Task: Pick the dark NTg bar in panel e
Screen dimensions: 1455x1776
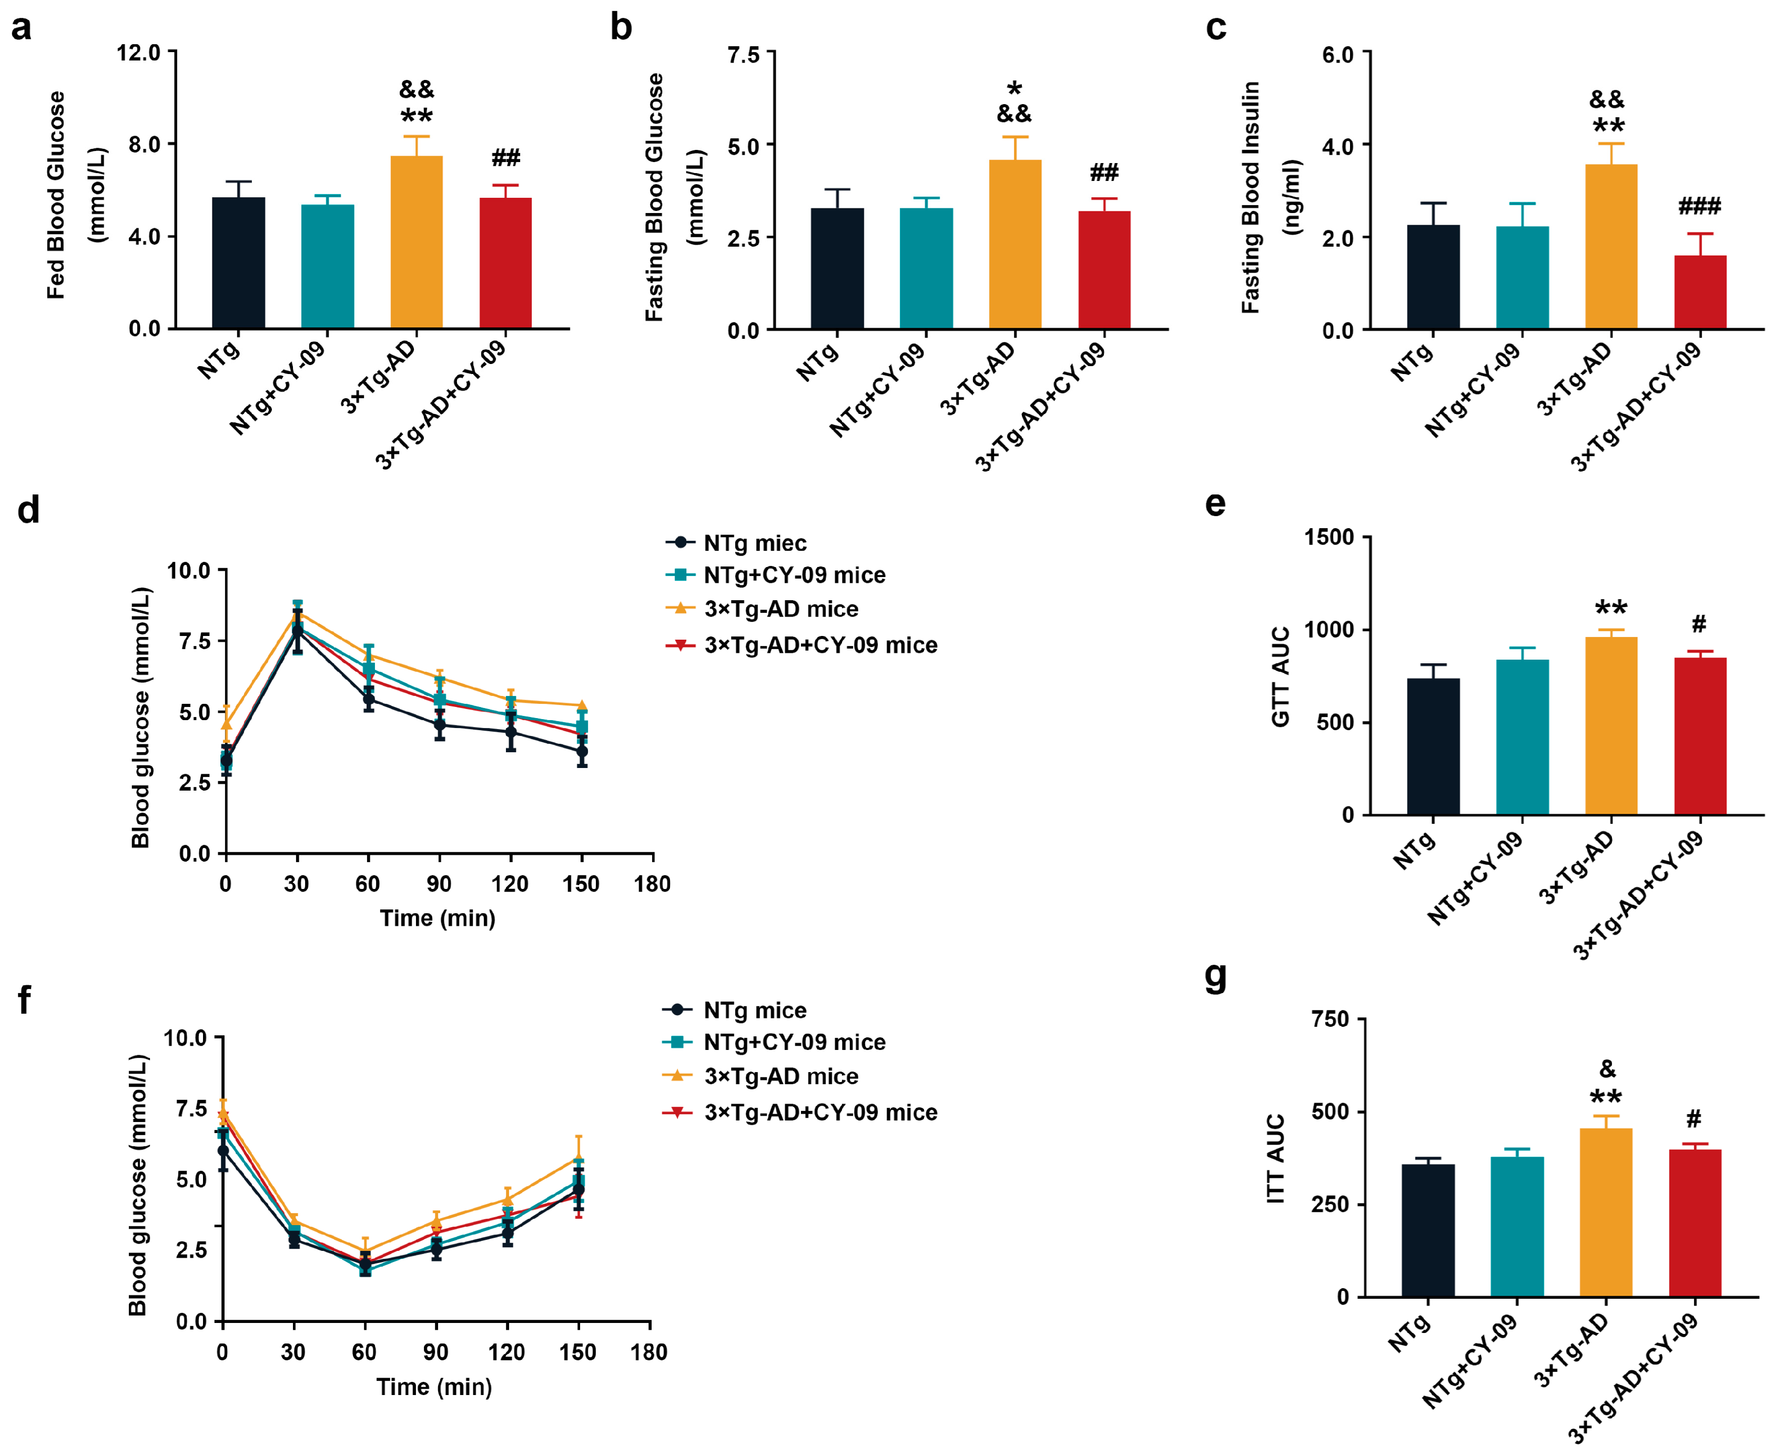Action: click(1433, 746)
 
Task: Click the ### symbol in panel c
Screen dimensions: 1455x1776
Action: click(1699, 206)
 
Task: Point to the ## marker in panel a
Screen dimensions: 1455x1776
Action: click(505, 158)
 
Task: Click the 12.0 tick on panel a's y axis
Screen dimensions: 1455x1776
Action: click(138, 53)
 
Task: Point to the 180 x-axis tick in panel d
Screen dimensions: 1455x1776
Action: click(652, 884)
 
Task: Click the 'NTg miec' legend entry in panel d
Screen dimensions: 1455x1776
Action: click(754, 543)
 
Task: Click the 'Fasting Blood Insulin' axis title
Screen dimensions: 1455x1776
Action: click(1250, 198)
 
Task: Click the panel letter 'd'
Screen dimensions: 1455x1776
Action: click(28, 509)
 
